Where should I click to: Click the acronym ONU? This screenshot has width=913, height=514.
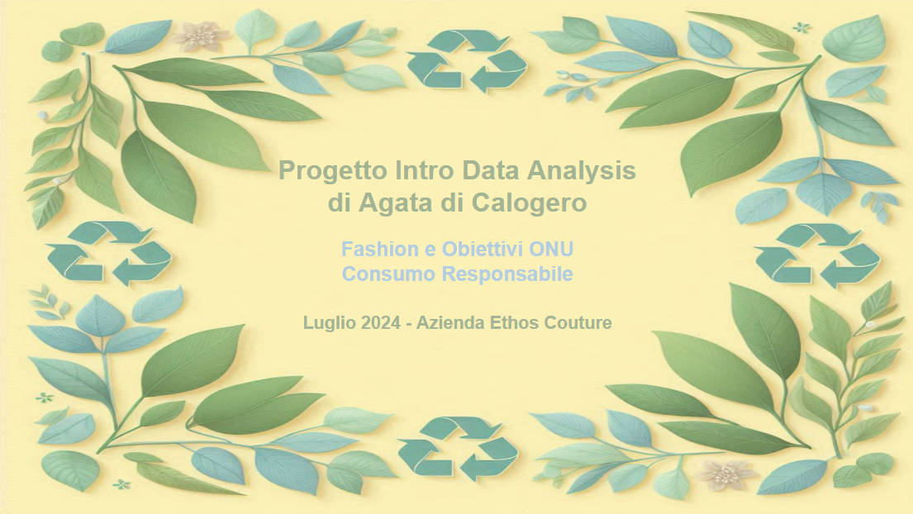point(553,249)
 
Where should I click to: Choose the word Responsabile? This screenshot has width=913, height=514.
point(507,274)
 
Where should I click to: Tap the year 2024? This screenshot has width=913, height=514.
point(380,323)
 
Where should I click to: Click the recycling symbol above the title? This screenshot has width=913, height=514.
point(466,60)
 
